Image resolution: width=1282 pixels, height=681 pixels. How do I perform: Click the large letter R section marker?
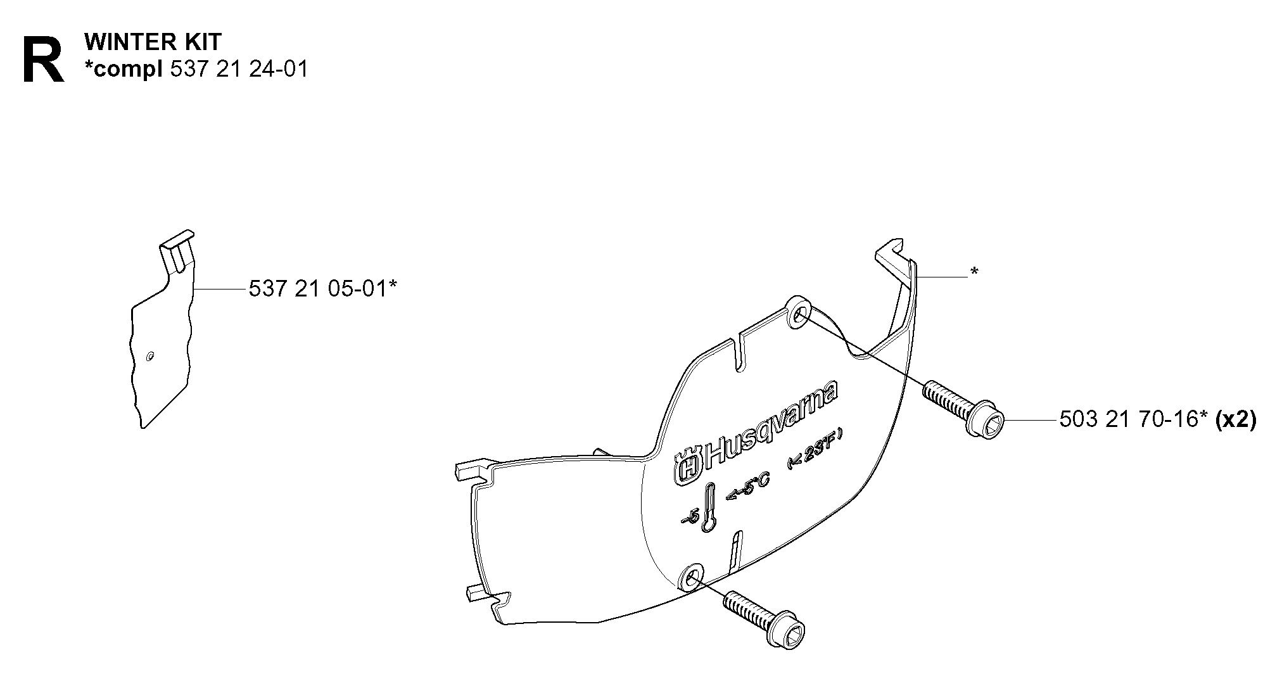(43, 61)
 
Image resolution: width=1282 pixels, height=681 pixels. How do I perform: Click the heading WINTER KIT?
(153, 42)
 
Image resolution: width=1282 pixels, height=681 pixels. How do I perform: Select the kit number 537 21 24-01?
(239, 68)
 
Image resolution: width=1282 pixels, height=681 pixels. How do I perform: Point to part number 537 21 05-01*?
(323, 289)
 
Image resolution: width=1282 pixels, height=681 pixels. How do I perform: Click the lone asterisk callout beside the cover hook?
(974, 273)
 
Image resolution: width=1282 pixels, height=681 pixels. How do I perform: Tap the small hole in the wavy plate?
(149, 357)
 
